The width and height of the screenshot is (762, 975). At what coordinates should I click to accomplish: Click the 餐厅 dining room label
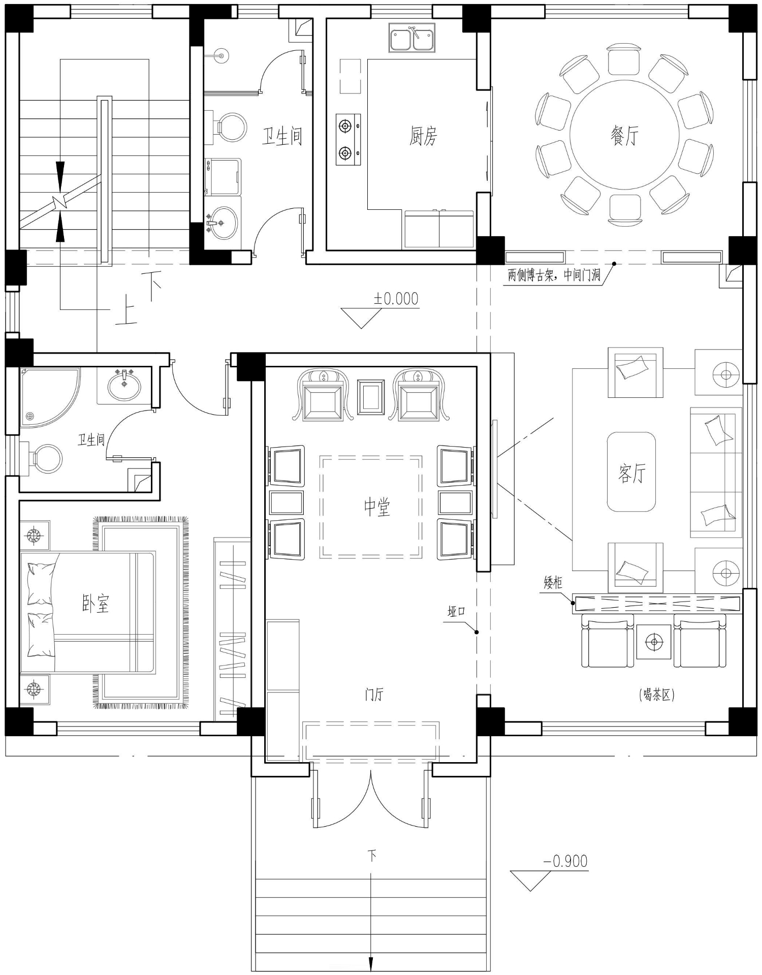coord(624,135)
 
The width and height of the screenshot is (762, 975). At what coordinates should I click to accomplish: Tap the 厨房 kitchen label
coord(423,136)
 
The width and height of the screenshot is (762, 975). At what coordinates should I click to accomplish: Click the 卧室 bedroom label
coord(96,603)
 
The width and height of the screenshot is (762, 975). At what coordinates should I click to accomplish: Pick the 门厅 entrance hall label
coord(374,694)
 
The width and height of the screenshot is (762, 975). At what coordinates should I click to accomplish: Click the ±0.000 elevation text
coord(396,298)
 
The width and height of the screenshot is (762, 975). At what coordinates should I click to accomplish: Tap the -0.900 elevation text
coord(565,861)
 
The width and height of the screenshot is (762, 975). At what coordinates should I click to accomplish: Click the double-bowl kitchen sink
coord(411,38)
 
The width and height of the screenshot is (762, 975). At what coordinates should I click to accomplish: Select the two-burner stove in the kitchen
coord(348,139)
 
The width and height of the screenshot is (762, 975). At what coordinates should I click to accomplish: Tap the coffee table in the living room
coord(631,471)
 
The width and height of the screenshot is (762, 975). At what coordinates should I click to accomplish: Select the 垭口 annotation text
coord(456,611)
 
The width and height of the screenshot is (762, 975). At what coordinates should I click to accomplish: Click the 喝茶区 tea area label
coord(657,695)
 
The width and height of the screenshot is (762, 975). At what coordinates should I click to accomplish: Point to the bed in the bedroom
coord(87,613)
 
